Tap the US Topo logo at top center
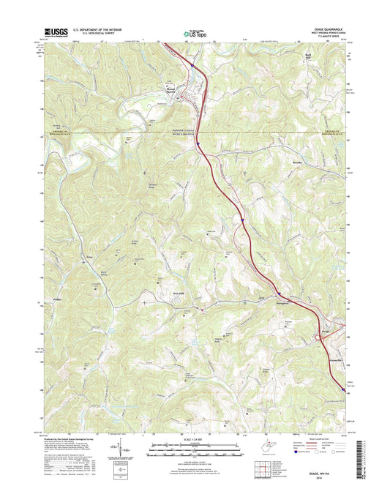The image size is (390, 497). click(195, 32)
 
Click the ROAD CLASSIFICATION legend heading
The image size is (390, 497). click(312, 438)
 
